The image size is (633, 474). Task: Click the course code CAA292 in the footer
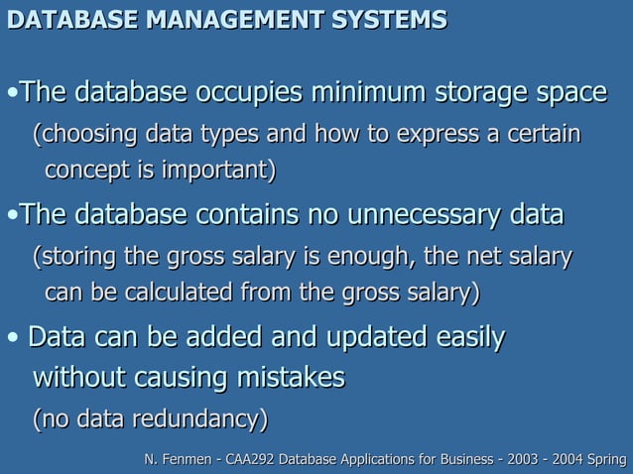click(x=247, y=458)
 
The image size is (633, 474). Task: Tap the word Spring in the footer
click(x=607, y=458)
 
